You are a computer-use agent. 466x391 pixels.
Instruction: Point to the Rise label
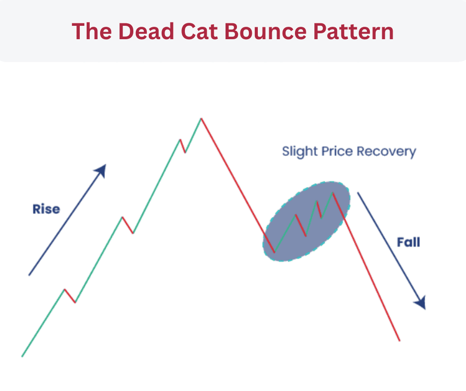tap(46, 209)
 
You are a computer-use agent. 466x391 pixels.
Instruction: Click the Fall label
tap(408, 243)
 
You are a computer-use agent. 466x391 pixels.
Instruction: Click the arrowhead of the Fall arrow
tap(421, 303)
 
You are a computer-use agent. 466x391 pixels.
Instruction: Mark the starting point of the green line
tap(22, 356)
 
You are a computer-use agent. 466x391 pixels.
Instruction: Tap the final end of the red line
tap(399, 340)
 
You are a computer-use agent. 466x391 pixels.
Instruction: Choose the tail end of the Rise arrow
tap(29, 274)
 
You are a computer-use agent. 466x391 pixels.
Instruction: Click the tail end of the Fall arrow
tap(358, 193)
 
